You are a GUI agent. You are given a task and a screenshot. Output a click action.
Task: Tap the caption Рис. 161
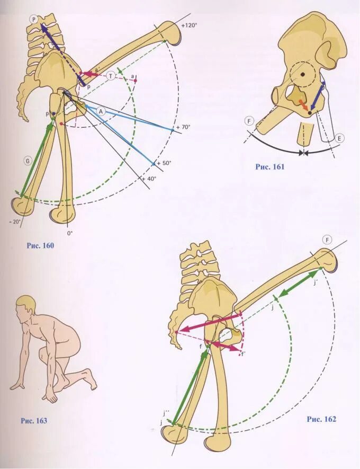coord(270,167)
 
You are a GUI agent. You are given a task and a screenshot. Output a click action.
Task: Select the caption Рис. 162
coord(321,419)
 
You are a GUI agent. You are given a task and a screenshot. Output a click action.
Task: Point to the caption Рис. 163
coord(34,421)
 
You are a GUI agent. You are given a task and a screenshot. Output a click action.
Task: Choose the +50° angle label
coord(164,163)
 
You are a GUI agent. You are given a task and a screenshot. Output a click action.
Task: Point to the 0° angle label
coord(69,233)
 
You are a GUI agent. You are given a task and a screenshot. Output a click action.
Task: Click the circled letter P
coord(34,19)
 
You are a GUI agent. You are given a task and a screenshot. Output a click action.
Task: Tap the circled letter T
coord(111,76)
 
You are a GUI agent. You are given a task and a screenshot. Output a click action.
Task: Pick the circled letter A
coord(102,110)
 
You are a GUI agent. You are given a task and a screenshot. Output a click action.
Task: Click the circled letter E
coord(340,138)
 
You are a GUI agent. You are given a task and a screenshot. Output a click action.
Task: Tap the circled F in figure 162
coord(328,240)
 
